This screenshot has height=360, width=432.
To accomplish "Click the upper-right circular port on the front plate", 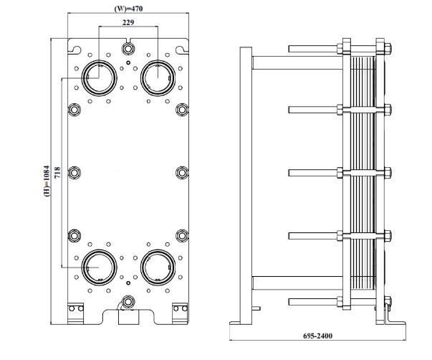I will (158, 76).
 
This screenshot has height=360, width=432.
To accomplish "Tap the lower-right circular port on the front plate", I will (158, 267).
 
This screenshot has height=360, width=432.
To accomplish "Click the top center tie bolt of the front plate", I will (128, 49).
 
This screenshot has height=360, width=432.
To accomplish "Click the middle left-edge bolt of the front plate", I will (75, 173).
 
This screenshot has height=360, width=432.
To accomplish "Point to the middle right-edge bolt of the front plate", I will (182, 173).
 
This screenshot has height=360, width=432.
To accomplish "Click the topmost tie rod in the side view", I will (315, 49).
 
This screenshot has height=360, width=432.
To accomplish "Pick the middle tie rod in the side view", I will (315, 171).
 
